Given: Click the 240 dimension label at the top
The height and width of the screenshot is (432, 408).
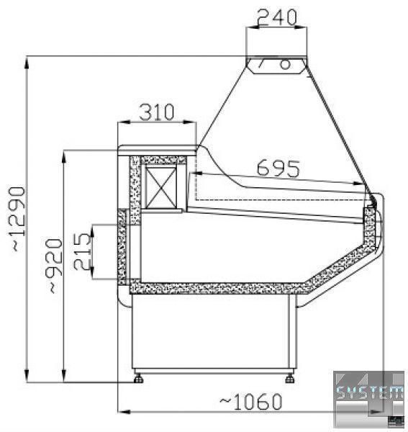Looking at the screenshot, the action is click(277, 17).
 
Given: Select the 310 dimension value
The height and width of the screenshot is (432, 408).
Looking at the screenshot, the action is click(157, 112).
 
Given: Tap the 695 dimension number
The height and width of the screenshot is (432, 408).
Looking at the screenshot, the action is click(278, 168).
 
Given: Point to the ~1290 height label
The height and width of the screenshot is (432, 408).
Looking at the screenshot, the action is click(19, 219).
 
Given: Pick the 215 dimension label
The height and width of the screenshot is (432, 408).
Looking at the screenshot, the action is click(82, 251).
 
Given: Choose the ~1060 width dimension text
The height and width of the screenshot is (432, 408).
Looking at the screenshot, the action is click(251, 402).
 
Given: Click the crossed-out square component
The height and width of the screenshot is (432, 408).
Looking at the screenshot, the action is click(160, 187).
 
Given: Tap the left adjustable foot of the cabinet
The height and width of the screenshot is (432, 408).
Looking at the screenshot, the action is click(138, 379).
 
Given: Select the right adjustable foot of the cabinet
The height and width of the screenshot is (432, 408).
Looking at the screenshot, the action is click(290, 379).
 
